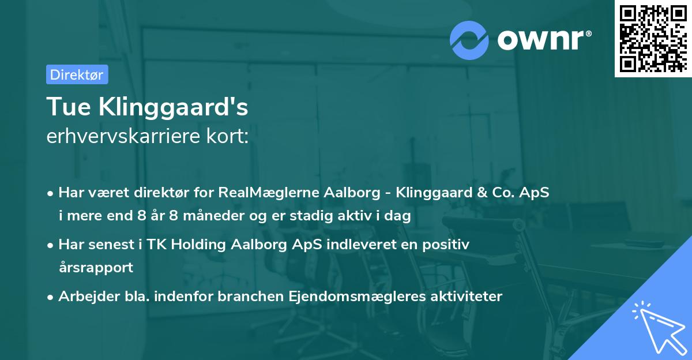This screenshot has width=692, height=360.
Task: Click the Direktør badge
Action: pyautogui.click(x=77, y=74)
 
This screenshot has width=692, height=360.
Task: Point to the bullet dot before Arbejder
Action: pyautogui.click(x=51, y=297)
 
